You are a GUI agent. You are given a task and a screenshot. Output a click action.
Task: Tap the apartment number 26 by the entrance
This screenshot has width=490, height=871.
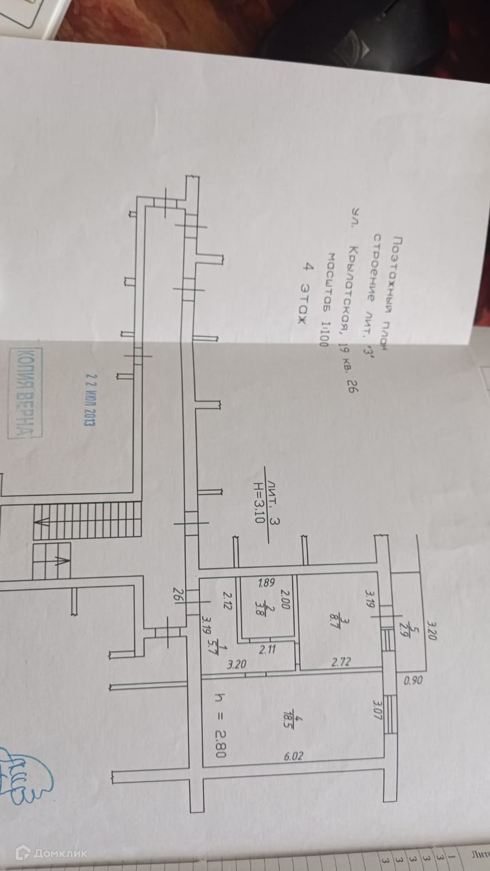click(x=178, y=595)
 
